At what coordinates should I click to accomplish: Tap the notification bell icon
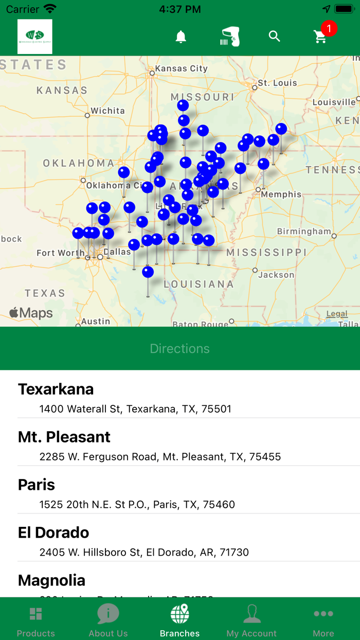click(x=181, y=37)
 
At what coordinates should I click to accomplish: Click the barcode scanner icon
click(x=230, y=37)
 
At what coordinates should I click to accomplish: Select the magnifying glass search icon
click(x=275, y=37)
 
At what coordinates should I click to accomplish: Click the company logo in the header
click(x=35, y=37)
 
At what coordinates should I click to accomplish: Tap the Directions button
click(x=180, y=348)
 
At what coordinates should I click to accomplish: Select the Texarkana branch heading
click(x=56, y=389)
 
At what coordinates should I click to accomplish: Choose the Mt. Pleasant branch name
click(x=64, y=437)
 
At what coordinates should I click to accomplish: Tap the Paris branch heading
click(x=37, y=485)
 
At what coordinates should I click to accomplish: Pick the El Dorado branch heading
click(x=53, y=532)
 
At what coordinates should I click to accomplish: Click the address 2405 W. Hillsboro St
click(x=144, y=553)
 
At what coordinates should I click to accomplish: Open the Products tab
click(x=35, y=620)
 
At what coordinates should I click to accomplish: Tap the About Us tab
click(x=108, y=620)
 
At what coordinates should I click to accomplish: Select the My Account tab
click(x=251, y=620)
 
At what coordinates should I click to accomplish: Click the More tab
click(x=323, y=620)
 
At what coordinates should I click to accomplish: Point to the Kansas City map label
click(x=182, y=68)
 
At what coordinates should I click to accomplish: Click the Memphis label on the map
click(x=281, y=194)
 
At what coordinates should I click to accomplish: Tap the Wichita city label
click(x=107, y=111)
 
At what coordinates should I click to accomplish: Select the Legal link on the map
click(x=337, y=314)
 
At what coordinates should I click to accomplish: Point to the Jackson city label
click(x=276, y=275)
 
